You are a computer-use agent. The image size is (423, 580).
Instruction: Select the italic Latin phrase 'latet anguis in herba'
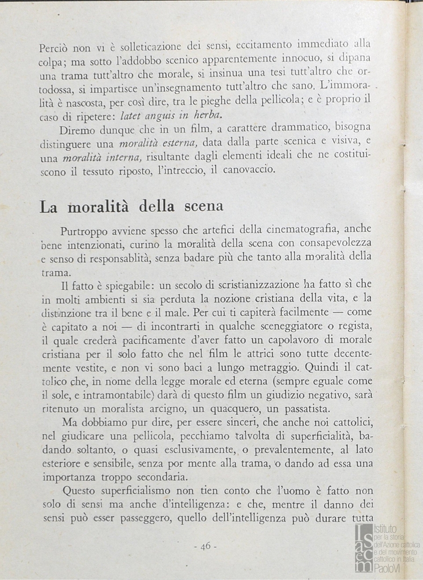(170, 115)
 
